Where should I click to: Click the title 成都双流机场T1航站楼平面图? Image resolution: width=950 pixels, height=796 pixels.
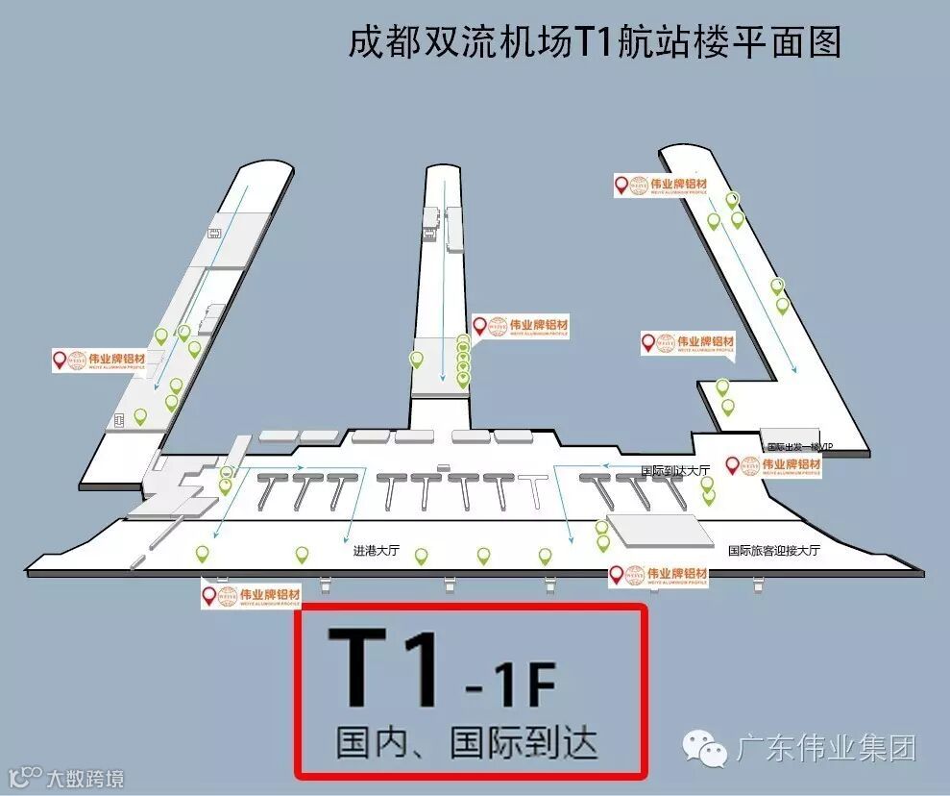pos(595,43)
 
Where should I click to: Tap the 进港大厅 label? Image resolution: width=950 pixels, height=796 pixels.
pos(376,552)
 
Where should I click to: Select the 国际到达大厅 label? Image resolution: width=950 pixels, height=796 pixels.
pos(675,470)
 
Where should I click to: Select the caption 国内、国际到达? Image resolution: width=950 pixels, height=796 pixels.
pos(467,742)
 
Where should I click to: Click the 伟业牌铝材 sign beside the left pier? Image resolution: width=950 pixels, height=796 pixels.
pos(101,361)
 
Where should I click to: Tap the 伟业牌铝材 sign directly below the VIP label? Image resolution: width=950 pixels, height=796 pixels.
pos(773,466)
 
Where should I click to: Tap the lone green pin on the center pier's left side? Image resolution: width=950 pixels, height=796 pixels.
pos(416,360)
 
